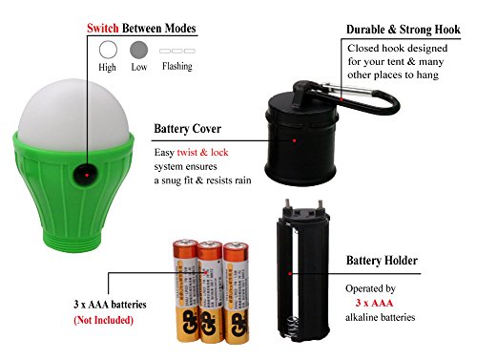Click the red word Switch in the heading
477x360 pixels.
(x=103, y=28)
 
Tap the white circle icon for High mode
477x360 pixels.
(x=108, y=50)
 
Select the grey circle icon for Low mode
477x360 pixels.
(x=139, y=50)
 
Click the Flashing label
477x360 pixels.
(x=177, y=66)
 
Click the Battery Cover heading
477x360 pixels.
(x=188, y=129)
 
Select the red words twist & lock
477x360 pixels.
(x=202, y=152)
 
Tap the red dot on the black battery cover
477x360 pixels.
(x=295, y=140)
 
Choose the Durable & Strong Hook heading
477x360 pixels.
(x=404, y=30)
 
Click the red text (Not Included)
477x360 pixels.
(x=103, y=320)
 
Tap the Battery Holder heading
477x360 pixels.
(x=382, y=261)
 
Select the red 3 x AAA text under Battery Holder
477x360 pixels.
(x=374, y=303)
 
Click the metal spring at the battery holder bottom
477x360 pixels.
(x=293, y=327)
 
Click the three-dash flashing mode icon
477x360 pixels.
(x=177, y=51)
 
